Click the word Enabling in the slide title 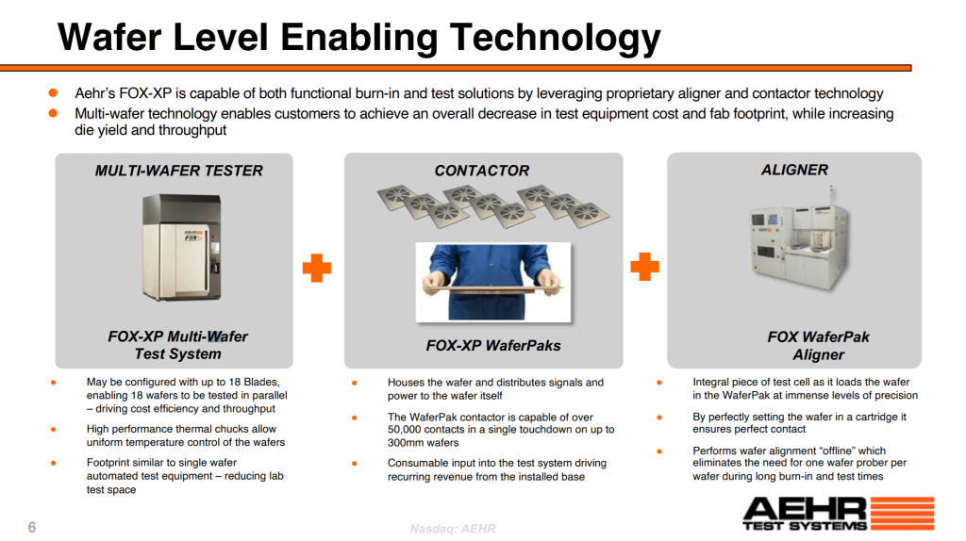(358, 37)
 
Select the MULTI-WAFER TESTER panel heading (178, 171)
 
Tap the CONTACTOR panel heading (481, 171)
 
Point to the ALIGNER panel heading (794, 170)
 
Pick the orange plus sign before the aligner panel (644, 267)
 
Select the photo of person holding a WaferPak (492, 281)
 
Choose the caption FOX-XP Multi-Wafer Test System (177, 345)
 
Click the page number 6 (32, 527)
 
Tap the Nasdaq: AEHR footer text (452, 529)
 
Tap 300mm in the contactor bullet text (408, 443)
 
